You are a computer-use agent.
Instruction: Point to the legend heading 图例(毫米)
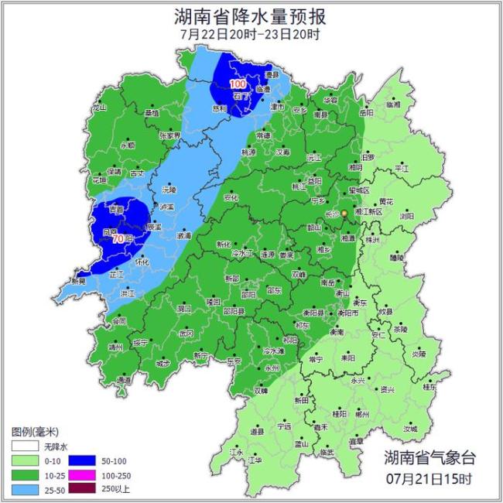point(36,430)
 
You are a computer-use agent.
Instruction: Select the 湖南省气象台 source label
point(428,457)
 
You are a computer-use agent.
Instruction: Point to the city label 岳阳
point(366,112)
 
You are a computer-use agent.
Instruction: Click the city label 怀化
point(142,262)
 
